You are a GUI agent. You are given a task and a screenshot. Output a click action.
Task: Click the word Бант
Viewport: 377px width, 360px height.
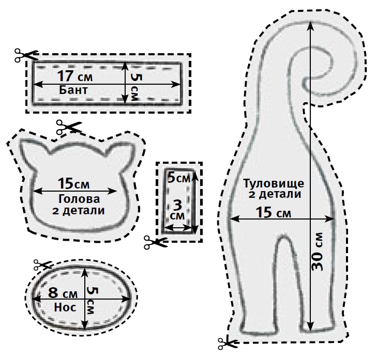pos(73,90)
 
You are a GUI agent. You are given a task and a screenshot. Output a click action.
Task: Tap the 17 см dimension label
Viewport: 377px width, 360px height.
pos(75,76)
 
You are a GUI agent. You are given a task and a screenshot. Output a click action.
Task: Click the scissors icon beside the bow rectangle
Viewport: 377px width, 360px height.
pos(26,55)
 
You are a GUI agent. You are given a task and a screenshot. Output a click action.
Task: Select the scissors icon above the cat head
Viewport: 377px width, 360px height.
pos(69,127)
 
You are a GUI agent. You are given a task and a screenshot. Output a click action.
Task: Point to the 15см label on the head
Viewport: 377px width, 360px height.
pos(73,184)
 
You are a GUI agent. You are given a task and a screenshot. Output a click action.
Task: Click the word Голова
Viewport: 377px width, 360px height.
pos(79,199)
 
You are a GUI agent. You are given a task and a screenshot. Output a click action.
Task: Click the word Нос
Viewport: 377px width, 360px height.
pos(65,307)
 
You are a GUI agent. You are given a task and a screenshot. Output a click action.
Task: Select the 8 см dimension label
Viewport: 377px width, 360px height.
pos(63,293)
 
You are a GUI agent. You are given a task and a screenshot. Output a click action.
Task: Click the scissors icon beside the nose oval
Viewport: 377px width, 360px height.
pos(42,264)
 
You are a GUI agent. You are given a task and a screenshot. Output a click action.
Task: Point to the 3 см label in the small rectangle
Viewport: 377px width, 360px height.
pos(178,210)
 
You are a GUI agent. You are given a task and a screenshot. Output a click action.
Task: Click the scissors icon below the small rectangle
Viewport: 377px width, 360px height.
pos(155,242)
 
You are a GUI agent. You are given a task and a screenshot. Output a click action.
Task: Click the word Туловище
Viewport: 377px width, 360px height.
pos(274,184)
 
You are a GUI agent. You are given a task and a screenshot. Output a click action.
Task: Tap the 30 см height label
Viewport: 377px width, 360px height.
pos(318,252)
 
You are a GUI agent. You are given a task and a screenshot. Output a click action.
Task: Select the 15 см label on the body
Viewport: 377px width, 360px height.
pos(273,213)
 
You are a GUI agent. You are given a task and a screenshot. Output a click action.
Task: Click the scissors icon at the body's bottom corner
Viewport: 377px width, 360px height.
pos(227,343)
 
